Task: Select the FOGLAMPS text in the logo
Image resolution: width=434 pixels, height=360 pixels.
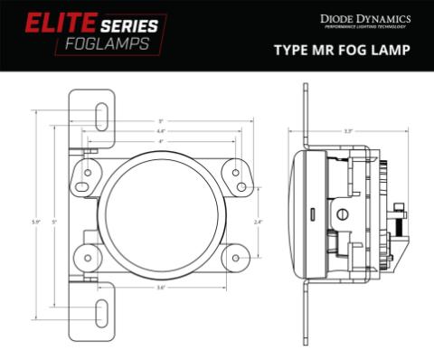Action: click(108, 44)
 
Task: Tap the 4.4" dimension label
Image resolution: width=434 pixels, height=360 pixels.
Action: click(161, 132)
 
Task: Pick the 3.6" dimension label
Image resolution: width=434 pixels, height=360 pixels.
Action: click(161, 288)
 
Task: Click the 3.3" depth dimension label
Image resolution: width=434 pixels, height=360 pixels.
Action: click(348, 132)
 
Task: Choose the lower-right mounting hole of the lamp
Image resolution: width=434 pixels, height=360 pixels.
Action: click(235, 257)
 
